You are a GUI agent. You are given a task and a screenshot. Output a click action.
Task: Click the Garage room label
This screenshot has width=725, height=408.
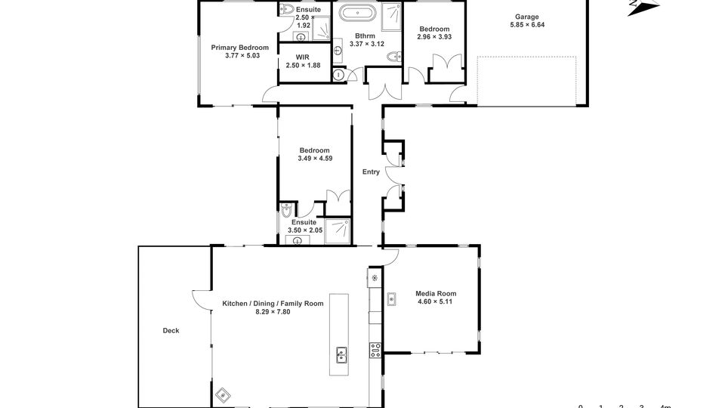(x=527, y=17)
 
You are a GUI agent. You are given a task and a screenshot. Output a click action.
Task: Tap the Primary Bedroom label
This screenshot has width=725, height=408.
(x=239, y=47)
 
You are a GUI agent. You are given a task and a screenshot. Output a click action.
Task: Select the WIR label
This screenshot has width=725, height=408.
(x=302, y=57)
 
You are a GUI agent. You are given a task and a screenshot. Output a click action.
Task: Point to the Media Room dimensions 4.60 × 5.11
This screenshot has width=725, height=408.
(x=435, y=301)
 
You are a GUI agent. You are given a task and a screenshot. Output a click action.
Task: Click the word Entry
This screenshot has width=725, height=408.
(x=371, y=172)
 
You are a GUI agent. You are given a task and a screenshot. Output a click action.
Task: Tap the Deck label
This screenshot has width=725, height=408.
(x=171, y=330)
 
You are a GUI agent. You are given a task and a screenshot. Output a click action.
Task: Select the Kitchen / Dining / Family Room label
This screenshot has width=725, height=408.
(x=273, y=304)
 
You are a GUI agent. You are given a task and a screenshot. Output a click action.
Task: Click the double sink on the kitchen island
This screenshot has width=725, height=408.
(x=341, y=355)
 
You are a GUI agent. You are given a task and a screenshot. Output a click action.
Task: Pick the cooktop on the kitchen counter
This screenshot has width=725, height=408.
(x=375, y=350)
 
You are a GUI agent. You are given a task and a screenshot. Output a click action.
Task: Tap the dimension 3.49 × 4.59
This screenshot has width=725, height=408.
(x=315, y=158)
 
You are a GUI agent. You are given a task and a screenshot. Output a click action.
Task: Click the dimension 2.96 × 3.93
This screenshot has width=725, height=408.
(x=434, y=36)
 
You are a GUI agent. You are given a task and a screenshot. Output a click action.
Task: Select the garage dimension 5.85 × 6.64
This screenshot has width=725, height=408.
(x=527, y=24)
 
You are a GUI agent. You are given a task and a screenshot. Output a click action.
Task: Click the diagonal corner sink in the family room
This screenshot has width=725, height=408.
(x=223, y=395)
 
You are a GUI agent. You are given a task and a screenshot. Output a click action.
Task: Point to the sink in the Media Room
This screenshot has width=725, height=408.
(x=391, y=299)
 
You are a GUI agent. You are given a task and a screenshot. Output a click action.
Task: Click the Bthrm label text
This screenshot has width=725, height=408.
(x=366, y=36)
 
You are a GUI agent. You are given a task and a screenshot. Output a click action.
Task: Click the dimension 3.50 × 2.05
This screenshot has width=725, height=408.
(x=305, y=230)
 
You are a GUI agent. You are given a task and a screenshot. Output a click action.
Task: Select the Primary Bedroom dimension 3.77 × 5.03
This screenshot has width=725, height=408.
(x=242, y=55)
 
